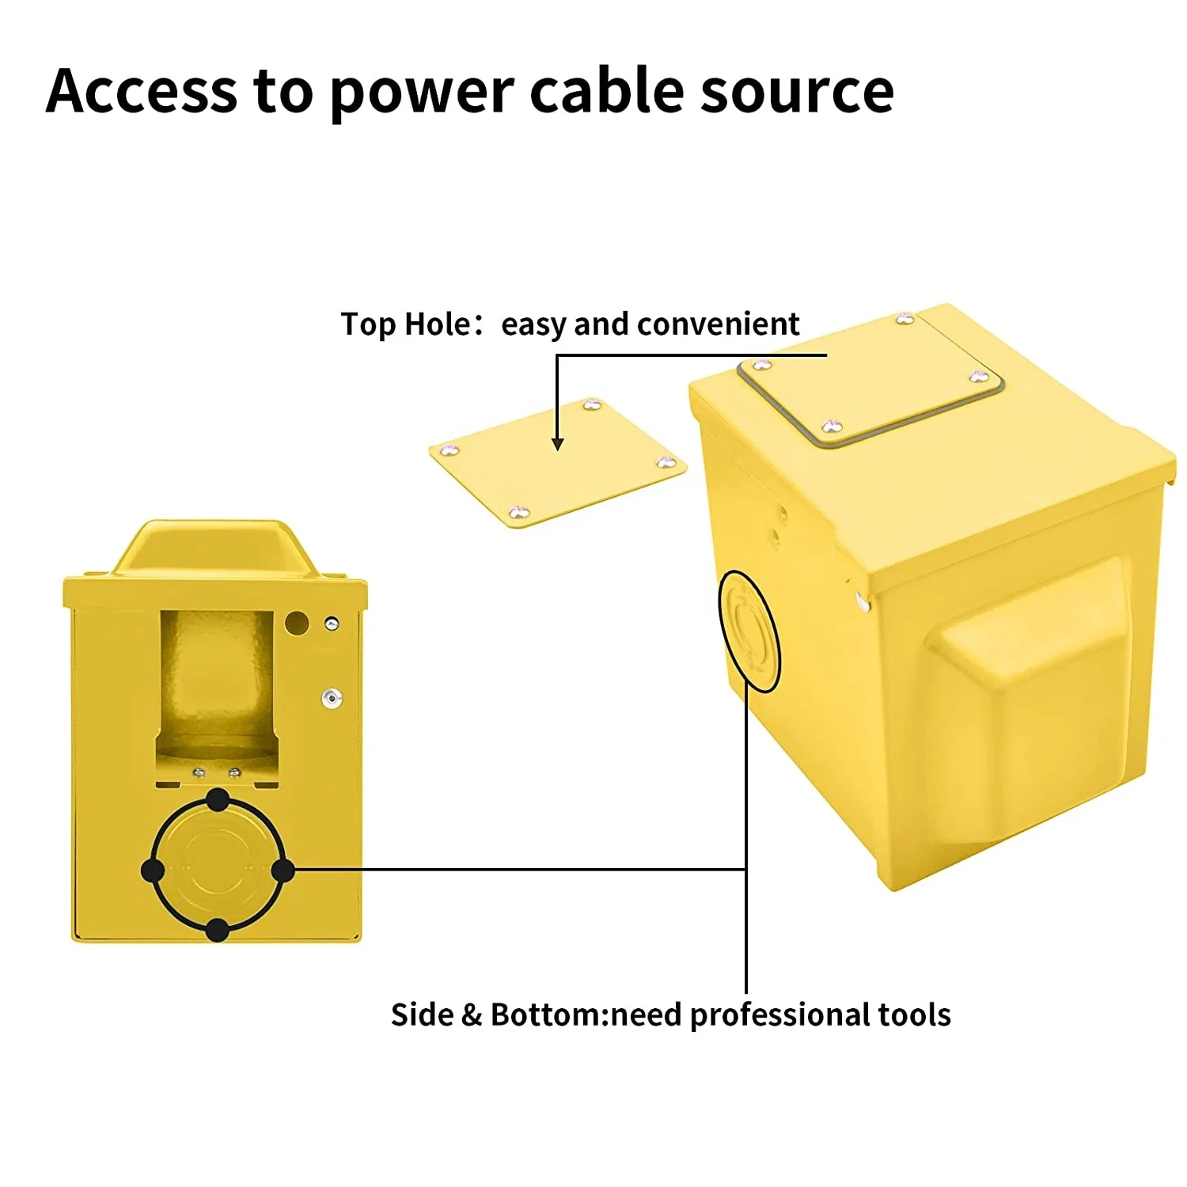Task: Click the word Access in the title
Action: pyautogui.click(x=141, y=91)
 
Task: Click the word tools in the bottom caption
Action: pyautogui.click(x=918, y=1015)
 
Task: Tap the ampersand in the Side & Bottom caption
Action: pyautogui.click(x=472, y=1015)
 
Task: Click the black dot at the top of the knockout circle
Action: pyautogui.click(x=218, y=800)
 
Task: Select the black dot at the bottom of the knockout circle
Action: pyautogui.click(x=218, y=930)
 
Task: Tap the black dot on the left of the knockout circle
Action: pyautogui.click(x=153, y=870)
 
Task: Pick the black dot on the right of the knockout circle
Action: pyautogui.click(x=283, y=870)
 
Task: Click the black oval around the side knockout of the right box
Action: pyautogui.click(x=749, y=631)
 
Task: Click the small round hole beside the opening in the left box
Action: pyautogui.click(x=297, y=623)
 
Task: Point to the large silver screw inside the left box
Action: pyautogui.click(x=332, y=698)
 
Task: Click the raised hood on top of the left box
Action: pyautogui.click(x=216, y=547)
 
